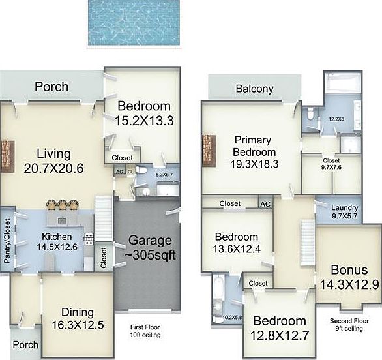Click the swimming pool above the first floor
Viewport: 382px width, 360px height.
click(x=134, y=22)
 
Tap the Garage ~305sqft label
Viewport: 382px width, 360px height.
click(x=150, y=248)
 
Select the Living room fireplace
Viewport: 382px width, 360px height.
click(x=7, y=156)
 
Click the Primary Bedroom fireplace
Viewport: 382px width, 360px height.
click(x=209, y=151)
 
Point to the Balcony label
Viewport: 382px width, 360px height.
click(x=255, y=89)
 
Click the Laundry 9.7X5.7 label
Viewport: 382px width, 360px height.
click(x=344, y=211)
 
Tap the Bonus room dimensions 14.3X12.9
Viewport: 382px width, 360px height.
click(x=349, y=284)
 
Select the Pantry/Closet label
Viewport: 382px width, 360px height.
click(x=7, y=241)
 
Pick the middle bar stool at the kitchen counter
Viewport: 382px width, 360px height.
click(x=62, y=205)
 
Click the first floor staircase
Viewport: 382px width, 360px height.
click(x=104, y=218)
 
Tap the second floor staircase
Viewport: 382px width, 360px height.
click(x=308, y=243)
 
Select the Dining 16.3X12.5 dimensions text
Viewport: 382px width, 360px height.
click(x=78, y=325)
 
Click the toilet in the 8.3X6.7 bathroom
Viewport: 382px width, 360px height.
click(x=141, y=170)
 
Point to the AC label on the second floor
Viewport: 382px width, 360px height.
click(x=265, y=204)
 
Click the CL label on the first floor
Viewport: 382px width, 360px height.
click(x=130, y=172)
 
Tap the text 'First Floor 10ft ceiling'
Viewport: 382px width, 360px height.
click(x=145, y=331)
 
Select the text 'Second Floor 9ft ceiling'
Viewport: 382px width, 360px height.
click(x=349, y=325)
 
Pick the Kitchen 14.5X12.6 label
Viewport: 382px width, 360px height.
click(x=57, y=241)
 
